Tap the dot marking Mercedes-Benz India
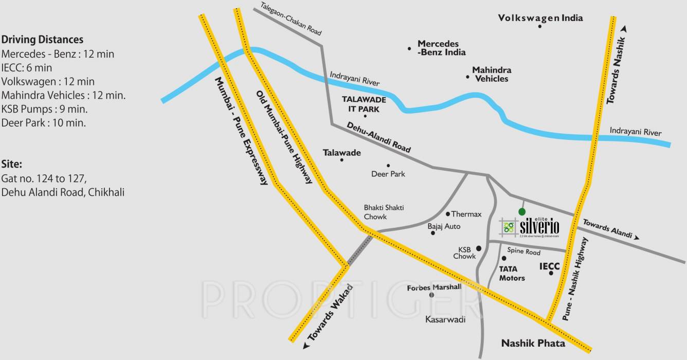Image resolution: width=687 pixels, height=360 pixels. pos(409,49)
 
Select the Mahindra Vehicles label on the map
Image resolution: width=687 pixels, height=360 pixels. pos(492,75)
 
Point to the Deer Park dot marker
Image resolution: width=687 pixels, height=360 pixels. pos(388,166)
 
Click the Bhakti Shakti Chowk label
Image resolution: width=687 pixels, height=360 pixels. pos(384,212)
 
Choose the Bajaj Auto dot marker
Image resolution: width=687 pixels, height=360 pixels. pos(433,233)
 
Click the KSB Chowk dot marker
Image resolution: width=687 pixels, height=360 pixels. pos(479,248)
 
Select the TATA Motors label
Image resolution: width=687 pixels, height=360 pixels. pos(512,273)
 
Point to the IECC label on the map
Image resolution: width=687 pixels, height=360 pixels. pos(549,266)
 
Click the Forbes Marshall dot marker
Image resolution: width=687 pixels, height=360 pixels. pos(432,295)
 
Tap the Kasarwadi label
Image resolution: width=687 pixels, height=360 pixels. pos(445,319)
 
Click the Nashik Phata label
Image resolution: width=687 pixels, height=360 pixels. pos(533,343)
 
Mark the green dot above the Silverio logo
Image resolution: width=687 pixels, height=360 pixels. pos(522,211)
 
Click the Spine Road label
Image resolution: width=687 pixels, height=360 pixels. pos(523,252)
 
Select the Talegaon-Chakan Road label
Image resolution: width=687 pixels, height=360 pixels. pos(291,19)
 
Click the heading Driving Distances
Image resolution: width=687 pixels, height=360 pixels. pos(42,40)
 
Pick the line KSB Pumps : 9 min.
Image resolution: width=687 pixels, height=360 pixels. pos(44,109)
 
